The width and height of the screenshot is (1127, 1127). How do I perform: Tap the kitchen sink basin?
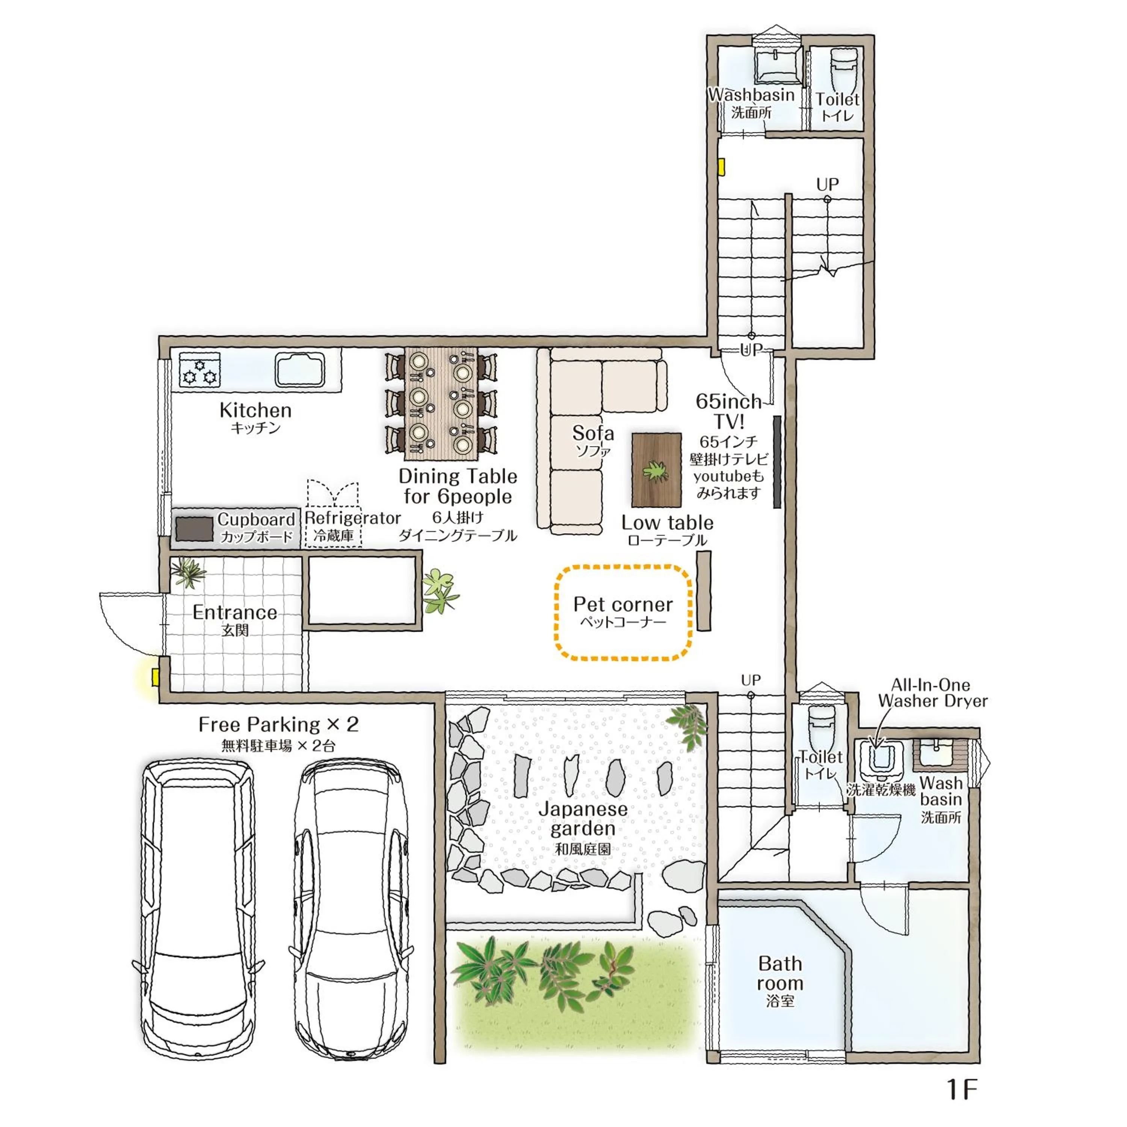[x=300, y=370]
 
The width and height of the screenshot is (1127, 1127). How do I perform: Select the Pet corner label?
[x=623, y=604]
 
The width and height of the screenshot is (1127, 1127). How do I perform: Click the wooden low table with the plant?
[x=656, y=470]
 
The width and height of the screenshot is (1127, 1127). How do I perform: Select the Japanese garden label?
[x=583, y=819]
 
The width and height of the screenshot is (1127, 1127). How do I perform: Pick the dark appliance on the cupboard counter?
[x=194, y=529]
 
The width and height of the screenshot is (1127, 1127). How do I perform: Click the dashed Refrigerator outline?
[x=333, y=513]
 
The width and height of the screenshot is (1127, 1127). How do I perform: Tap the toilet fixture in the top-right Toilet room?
[x=843, y=67]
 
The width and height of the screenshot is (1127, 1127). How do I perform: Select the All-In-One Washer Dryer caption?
[x=932, y=693]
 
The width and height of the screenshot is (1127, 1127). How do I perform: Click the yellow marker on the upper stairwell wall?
[x=722, y=168]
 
